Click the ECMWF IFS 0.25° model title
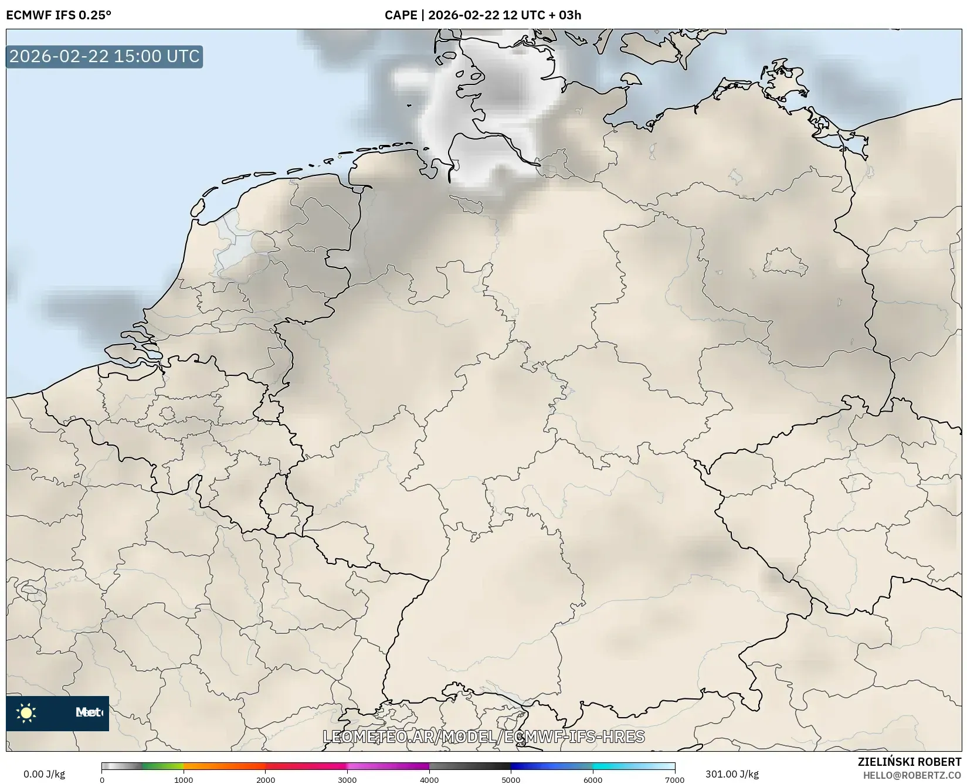point(58,15)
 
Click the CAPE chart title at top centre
point(483,15)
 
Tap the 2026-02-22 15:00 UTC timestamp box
point(104,56)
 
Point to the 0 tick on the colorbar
point(102,779)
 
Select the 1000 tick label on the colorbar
point(184,779)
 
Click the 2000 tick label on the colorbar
point(266,779)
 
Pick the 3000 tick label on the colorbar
point(347,779)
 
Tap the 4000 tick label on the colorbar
point(429,779)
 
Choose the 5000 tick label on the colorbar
point(511,779)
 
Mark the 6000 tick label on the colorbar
point(593,779)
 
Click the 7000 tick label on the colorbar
point(674,779)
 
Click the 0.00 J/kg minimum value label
point(44,774)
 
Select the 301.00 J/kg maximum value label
point(732,774)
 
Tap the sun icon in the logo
point(26,713)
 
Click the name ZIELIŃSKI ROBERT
point(909,762)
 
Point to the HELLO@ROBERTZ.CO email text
point(912,775)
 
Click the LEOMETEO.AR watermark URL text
point(484,737)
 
